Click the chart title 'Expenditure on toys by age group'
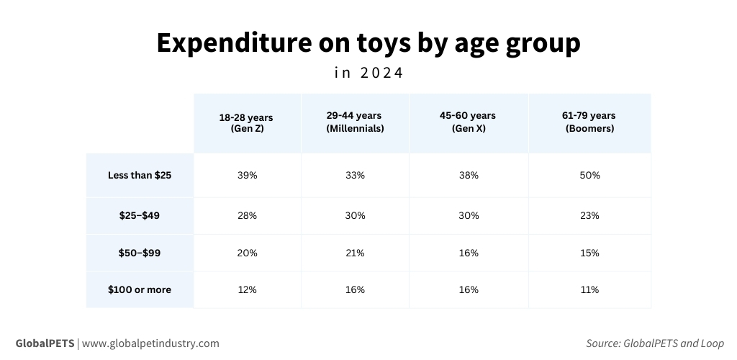click(368, 43)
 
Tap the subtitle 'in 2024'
click(368, 73)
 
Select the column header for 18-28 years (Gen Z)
click(246, 122)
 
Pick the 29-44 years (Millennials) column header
click(354, 122)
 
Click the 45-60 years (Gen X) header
click(467, 122)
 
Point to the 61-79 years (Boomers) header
click(588, 122)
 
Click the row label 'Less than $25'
click(140, 175)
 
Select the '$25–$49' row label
click(140, 215)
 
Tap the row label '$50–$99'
click(140, 253)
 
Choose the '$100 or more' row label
click(140, 289)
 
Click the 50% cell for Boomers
click(589, 175)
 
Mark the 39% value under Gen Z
click(246, 175)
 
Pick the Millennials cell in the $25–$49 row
click(355, 215)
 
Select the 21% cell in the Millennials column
click(355, 253)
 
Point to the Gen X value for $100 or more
click(468, 289)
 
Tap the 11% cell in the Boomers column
click(589, 289)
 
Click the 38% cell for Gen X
click(468, 175)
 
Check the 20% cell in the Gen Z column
click(246, 253)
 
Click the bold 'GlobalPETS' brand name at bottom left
click(45, 343)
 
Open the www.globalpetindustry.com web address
click(150, 343)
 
